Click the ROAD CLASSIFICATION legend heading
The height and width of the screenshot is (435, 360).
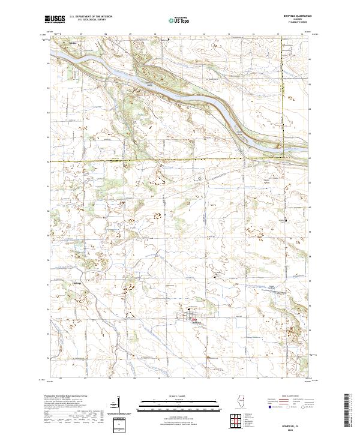coord(286,397)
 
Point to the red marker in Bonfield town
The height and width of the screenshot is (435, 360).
coord(194,319)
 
